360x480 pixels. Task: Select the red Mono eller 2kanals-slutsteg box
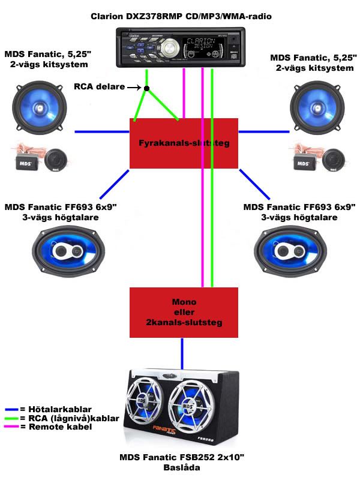pos(184,312)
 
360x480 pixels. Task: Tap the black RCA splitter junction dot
pos(146,88)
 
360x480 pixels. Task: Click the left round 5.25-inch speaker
pos(40,106)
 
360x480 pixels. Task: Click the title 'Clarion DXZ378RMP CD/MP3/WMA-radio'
pos(181,17)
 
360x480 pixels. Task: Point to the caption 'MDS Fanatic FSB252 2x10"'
pos(182,458)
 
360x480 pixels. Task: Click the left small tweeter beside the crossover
pos(56,160)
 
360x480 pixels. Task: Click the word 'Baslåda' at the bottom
pos(181,468)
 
